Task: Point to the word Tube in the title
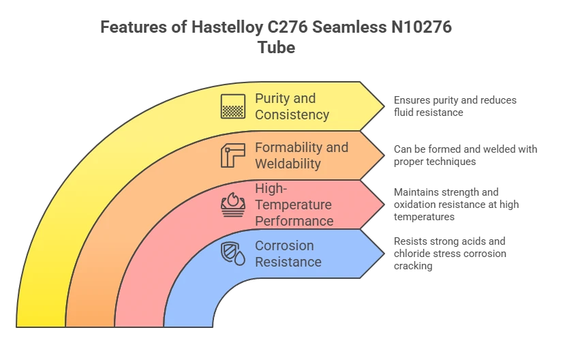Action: (x=277, y=47)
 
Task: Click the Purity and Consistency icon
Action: (x=233, y=106)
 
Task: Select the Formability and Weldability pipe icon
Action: (x=233, y=155)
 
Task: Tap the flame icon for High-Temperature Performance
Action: (x=233, y=205)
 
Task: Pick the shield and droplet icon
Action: (x=233, y=254)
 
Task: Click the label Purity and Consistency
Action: (x=292, y=106)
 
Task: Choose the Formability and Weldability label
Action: (x=302, y=155)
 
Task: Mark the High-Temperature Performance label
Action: (x=294, y=205)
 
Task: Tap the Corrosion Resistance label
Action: (x=288, y=254)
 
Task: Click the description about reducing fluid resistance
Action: (x=455, y=106)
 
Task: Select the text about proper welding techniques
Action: (x=465, y=155)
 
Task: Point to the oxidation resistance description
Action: (x=456, y=204)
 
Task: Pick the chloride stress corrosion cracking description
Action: (x=450, y=253)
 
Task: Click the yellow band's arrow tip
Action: (x=384, y=106)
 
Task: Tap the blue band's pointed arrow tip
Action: (x=384, y=254)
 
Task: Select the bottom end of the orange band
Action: (x=90, y=327)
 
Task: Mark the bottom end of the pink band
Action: (x=139, y=327)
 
